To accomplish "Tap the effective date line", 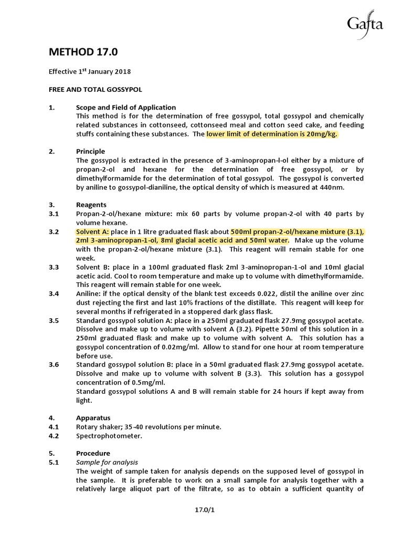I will coord(90,71).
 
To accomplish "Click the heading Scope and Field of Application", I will coord(126,108).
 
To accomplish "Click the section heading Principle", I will coord(91,152).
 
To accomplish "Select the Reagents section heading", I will coord(91,205).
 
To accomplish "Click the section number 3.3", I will coord(55,267).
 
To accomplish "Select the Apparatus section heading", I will coord(93,418).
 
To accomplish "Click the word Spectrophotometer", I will coord(109,435).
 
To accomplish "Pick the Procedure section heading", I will coord(93,453).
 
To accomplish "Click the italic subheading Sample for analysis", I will coord(107,462).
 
